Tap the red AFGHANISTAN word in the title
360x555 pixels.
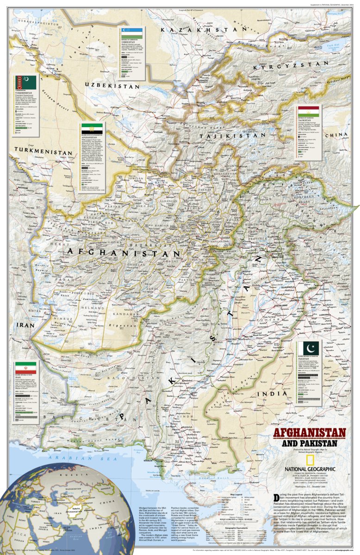tap(309, 433)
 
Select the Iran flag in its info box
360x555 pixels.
tap(23, 369)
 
